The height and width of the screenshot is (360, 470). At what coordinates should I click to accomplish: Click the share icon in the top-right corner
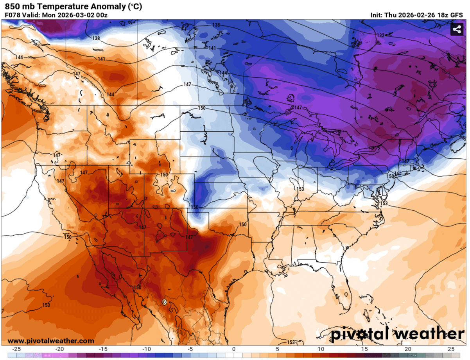[456, 29]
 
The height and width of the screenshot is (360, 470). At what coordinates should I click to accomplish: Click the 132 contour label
[380, 35]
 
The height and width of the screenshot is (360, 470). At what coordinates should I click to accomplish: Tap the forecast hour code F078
[11, 15]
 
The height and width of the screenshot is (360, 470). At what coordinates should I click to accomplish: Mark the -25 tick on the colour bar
[16, 349]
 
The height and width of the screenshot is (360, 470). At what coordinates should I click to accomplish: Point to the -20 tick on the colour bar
[60, 349]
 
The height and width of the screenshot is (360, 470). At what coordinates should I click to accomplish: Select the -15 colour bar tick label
[103, 349]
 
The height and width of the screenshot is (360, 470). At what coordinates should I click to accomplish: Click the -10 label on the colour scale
[147, 349]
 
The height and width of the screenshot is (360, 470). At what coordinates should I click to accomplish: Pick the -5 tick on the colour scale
[190, 349]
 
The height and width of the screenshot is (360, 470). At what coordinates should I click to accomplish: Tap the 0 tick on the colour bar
[234, 349]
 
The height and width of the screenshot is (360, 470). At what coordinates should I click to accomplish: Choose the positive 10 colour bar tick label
[321, 349]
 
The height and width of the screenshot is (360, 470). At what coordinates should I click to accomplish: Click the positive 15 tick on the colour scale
[364, 349]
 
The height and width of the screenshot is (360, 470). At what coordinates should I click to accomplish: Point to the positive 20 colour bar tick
[407, 349]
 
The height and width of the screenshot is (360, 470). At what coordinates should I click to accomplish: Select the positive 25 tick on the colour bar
[451, 349]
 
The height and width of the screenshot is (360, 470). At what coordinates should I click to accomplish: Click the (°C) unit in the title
[134, 6]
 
